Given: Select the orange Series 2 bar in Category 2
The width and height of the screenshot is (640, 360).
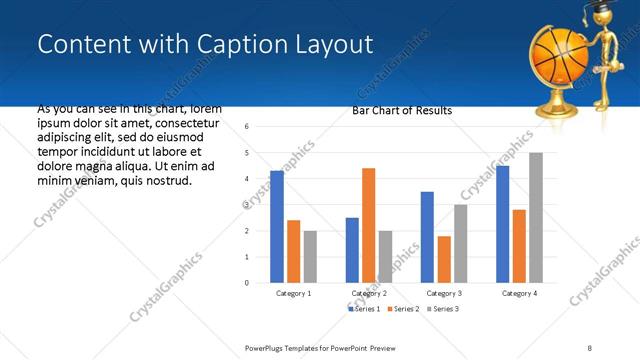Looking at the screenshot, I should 368,225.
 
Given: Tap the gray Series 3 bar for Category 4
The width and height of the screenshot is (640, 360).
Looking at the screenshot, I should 535,218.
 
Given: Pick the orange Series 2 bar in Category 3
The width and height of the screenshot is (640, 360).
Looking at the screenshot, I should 443,259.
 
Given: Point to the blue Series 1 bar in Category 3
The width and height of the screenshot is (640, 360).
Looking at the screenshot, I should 427,237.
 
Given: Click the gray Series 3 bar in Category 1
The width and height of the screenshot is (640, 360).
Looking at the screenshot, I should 310,256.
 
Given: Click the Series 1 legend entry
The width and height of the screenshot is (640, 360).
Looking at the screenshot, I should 364,310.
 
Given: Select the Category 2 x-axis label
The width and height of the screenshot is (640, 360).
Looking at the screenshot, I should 368,294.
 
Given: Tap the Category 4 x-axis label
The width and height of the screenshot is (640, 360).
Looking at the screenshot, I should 518,294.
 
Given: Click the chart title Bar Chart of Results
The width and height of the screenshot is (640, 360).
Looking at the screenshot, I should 402,110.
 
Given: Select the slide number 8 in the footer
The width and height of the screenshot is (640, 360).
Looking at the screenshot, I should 590,347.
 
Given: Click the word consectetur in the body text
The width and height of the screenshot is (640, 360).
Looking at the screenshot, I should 183,121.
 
